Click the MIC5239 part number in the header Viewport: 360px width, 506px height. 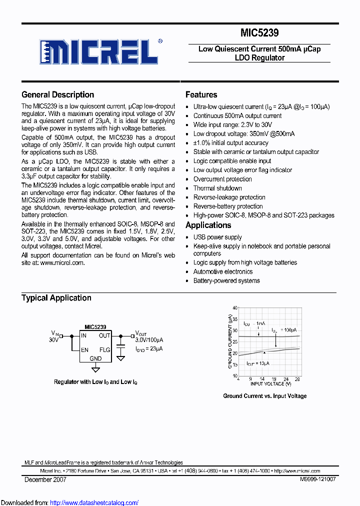tap(259, 33)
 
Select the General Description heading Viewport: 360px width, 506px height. tap(57, 94)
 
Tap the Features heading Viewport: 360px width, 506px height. tap(201, 94)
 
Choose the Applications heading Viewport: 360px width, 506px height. tap(208, 225)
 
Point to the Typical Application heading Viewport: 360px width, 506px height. tap(56, 298)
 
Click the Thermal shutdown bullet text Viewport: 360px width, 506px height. tap(217, 188)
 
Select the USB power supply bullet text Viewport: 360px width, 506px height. tap(217, 237)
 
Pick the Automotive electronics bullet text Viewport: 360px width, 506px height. tap(223, 271)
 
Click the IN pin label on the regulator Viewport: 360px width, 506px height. tap(84, 335)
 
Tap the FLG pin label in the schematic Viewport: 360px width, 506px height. tap(104, 350)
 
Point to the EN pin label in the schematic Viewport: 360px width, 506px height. tap(84, 350)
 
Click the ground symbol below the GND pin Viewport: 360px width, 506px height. tap(95, 369)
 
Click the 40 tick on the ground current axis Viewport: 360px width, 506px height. tap(235, 308)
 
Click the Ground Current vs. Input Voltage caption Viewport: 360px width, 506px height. tap(264, 396)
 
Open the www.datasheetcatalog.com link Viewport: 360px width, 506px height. tap(94, 502)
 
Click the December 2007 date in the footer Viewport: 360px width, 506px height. tap(45, 479)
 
